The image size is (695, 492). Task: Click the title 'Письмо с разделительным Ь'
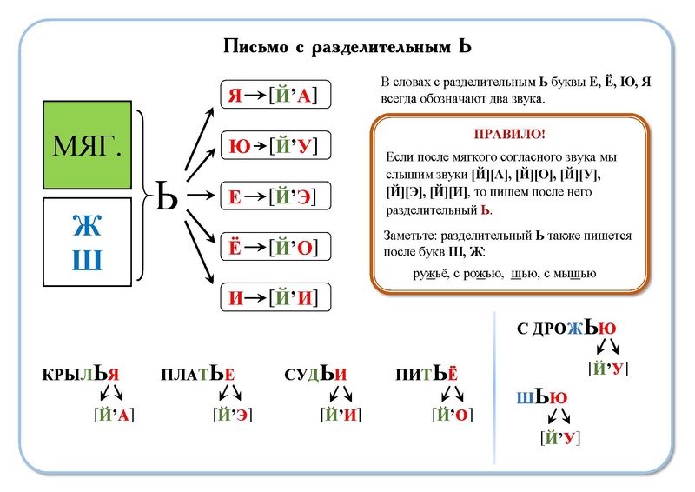pyautogui.click(x=347, y=45)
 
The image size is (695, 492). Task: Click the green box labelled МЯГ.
pyautogui.click(x=87, y=144)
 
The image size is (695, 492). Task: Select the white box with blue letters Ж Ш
pyautogui.click(x=87, y=241)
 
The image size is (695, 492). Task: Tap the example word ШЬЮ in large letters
pyautogui.click(x=542, y=398)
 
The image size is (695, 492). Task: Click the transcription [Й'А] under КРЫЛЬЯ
pyautogui.click(x=113, y=415)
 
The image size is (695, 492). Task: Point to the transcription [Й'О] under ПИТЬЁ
pyautogui.click(x=452, y=415)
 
